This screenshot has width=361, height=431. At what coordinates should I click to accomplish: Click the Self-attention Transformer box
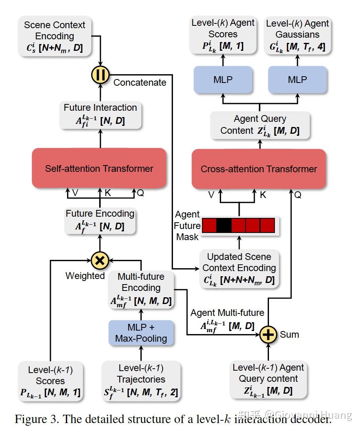pyautogui.click(x=99, y=168)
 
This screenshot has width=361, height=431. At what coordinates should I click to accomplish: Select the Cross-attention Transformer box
pyautogui.click(x=259, y=169)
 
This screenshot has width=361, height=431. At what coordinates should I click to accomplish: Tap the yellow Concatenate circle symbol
pyautogui.click(x=100, y=75)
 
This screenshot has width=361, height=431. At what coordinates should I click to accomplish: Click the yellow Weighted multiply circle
pyautogui.click(x=100, y=260)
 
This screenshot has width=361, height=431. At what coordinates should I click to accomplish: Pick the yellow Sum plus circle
pyautogui.click(x=269, y=335)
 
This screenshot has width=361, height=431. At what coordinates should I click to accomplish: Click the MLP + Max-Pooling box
pyautogui.click(x=141, y=333)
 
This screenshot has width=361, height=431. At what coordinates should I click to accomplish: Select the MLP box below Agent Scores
pyautogui.click(x=223, y=80)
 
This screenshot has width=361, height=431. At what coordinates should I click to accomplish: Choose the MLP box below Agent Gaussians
pyautogui.click(x=298, y=80)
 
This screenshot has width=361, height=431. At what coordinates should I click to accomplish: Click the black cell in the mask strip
pyautogui.click(x=224, y=225)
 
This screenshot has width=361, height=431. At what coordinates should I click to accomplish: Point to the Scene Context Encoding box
pyautogui.click(x=55, y=36)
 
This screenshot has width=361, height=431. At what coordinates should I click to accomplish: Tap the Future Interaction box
pyautogui.click(x=100, y=115)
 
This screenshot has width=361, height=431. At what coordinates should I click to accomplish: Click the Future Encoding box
pyautogui.click(x=100, y=221)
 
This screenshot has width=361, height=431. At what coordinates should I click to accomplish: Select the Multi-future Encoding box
pyautogui.click(x=141, y=290)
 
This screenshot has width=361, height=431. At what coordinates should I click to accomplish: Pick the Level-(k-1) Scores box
pyautogui.click(x=50, y=381)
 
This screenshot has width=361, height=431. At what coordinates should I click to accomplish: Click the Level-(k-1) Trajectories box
pyautogui.click(x=141, y=381)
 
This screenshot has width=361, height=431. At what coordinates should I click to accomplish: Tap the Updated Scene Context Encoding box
pyautogui.click(x=239, y=269)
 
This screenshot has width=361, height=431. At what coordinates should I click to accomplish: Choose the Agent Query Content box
pyautogui.click(x=260, y=125)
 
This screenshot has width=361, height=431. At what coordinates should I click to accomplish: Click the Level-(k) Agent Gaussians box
pyautogui.click(x=298, y=35)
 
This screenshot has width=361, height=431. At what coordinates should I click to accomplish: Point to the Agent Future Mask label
pyautogui.click(x=187, y=225)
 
